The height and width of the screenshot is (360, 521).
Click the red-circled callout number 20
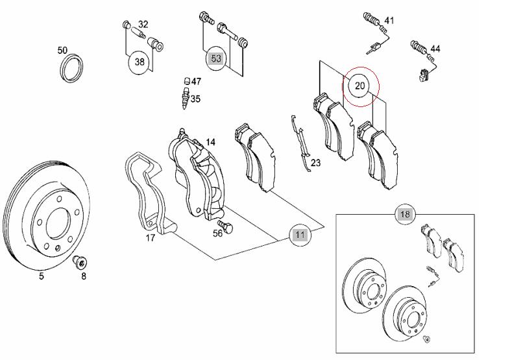click(x=360, y=86)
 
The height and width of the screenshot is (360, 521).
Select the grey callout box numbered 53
click(x=216, y=59)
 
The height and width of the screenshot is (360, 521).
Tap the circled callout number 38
click(x=139, y=62)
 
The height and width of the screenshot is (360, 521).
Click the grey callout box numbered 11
click(x=299, y=235)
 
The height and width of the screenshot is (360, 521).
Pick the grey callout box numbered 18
click(x=405, y=215)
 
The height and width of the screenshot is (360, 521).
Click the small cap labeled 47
click(x=186, y=82)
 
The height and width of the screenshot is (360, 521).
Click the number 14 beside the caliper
click(x=211, y=142)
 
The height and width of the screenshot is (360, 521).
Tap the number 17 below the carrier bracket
click(x=150, y=238)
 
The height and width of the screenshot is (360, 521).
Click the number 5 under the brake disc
click(x=41, y=276)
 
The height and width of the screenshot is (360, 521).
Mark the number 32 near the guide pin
click(x=143, y=25)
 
